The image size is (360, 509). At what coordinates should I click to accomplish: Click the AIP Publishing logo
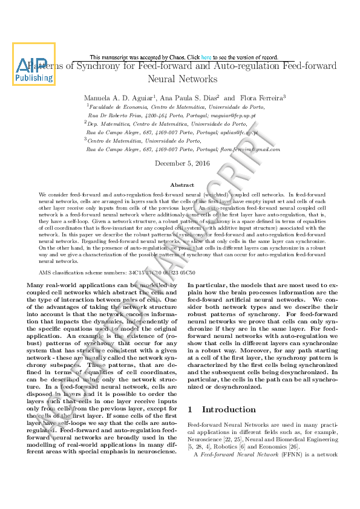tap(34, 64)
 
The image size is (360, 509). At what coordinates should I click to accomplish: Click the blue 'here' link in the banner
tap(206, 57)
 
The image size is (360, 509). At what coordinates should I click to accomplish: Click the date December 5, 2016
tap(182, 163)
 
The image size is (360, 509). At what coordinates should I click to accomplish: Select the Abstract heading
tap(182, 185)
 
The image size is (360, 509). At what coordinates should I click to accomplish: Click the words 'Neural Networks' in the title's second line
tap(182, 79)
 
